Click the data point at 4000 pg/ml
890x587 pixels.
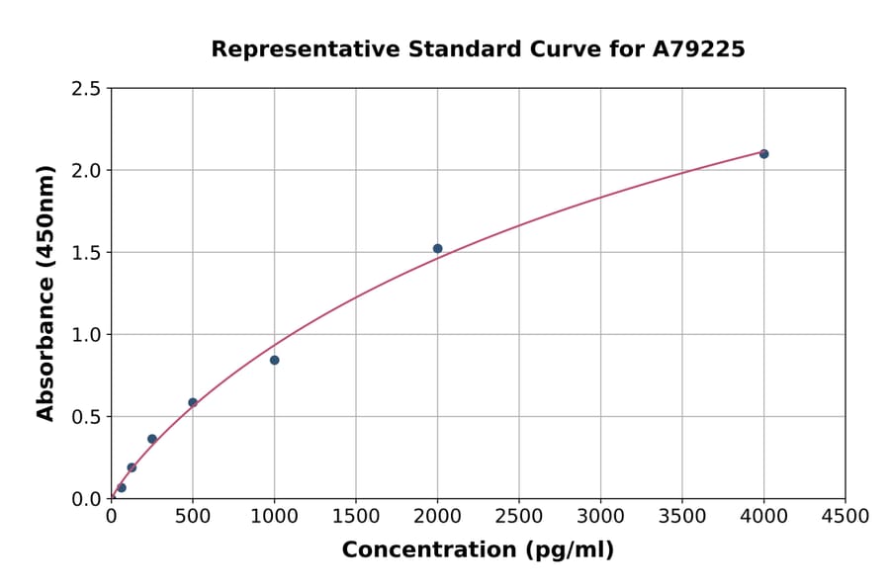(x=763, y=154)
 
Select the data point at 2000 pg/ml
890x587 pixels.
(x=437, y=249)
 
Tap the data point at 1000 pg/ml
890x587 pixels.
(x=274, y=360)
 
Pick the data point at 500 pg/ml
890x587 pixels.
(x=193, y=402)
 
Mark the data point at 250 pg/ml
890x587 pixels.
(x=152, y=439)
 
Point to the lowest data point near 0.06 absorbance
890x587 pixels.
(x=122, y=487)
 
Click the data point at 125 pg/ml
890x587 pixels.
(x=132, y=467)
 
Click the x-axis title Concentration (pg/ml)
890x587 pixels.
(x=478, y=550)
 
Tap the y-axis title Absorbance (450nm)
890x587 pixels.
(x=45, y=293)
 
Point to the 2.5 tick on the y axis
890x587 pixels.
(x=86, y=89)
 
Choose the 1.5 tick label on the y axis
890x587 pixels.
(x=86, y=253)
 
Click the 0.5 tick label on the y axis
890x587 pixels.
(x=86, y=417)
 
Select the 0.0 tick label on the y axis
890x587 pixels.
(x=86, y=499)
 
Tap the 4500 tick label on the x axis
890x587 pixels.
(x=845, y=517)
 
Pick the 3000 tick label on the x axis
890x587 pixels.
(x=600, y=517)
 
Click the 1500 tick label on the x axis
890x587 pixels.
(x=356, y=517)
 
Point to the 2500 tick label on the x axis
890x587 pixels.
(x=519, y=517)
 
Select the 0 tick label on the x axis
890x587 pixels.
(x=111, y=517)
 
